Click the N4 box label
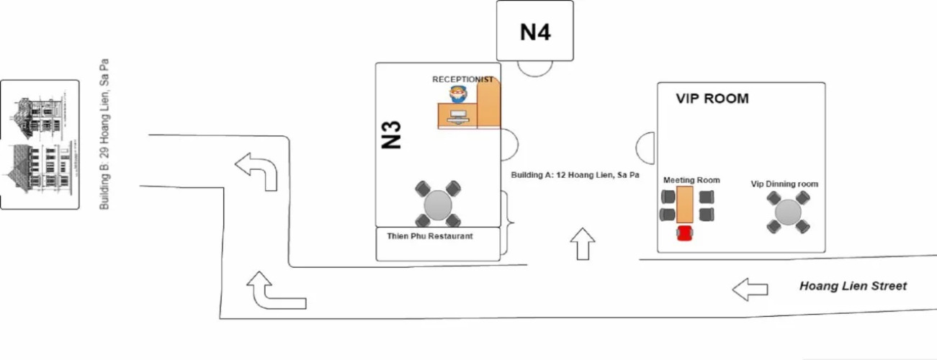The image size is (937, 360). (535, 32)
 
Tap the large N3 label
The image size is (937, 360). (390, 135)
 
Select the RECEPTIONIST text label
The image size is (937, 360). (462, 79)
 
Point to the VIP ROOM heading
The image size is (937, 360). (712, 99)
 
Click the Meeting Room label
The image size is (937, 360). (691, 180)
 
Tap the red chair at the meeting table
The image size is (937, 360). (684, 233)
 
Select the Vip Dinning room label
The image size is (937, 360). (784, 184)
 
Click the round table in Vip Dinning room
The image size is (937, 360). (788, 213)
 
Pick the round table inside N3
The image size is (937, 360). (438, 204)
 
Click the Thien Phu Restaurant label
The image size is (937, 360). (430, 236)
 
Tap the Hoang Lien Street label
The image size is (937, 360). (853, 287)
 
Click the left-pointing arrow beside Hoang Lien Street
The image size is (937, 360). (750, 289)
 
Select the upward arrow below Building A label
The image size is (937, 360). (583, 244)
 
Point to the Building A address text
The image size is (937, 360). (575, 175)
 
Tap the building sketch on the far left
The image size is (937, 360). (40, 144)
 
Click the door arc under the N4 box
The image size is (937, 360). (535, 67)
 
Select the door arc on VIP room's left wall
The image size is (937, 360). (646, 148)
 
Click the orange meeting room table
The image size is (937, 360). (684, 204)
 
